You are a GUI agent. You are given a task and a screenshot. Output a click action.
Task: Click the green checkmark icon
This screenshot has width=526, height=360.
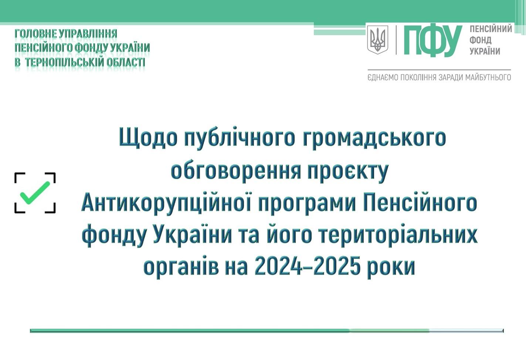pos(35,193)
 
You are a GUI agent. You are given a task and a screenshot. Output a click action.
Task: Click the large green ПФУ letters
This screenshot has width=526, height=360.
pos(433,41)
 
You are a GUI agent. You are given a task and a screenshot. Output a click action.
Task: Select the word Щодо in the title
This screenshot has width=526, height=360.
pos(148,138)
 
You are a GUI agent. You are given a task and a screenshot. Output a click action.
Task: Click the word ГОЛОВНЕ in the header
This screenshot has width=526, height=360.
pos(35,34)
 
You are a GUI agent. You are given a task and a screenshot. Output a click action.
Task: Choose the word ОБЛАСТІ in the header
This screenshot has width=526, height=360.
pos(126,62)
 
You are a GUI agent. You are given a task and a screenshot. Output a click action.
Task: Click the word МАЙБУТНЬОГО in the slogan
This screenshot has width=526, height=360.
pos(488,77)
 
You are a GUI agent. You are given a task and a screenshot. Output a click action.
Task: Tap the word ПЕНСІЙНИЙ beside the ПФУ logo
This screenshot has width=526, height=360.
pos(491,29)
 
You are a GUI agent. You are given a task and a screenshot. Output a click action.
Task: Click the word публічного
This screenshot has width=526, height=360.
pos(240,138)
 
